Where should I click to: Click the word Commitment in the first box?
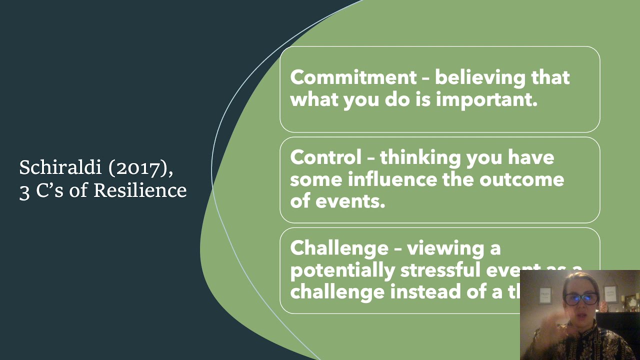(352, 77)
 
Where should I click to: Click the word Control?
(325, 157)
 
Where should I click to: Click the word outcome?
(521, 179)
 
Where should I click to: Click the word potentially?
(342, 270)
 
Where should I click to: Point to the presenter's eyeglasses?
(580, 299)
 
